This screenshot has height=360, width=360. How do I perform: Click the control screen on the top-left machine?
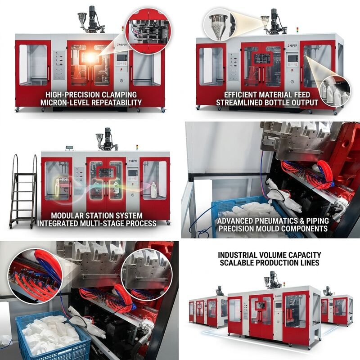point(121,58)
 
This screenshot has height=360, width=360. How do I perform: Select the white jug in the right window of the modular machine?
point(153,190)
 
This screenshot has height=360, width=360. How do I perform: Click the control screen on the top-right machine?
point(292,58)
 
